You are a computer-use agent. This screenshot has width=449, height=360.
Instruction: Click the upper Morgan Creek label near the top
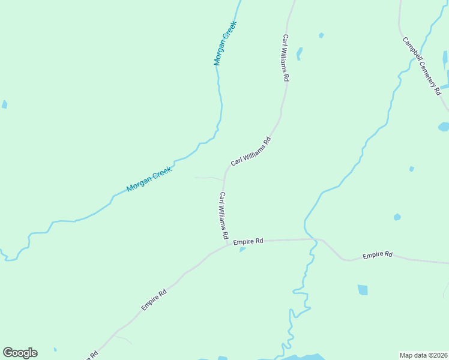coord(225,43)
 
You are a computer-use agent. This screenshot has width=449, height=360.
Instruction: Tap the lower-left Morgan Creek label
coord(149,179)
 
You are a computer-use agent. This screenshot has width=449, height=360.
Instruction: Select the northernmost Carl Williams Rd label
coord(286,58)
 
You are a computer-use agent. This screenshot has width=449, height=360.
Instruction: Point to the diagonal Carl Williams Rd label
coord(251,152)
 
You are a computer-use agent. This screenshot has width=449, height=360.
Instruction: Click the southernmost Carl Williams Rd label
coord(223,216)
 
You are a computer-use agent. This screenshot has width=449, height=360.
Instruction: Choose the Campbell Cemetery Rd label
coord(422,67)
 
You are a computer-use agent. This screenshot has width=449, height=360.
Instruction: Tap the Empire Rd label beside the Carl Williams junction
coord(249,241)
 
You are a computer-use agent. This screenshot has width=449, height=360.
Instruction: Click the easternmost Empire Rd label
coord(377,256)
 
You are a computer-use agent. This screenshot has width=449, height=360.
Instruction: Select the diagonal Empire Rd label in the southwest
coord(154,300)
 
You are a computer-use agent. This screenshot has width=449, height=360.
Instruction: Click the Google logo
coord(20,353)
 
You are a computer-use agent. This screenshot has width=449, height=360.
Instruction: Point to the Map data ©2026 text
coord(423,355)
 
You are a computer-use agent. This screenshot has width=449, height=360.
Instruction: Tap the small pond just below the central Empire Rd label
coord(243,250)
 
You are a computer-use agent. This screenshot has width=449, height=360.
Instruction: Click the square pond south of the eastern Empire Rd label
coord(363,290)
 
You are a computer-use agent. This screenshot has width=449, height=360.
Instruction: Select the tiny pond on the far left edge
coord(4,104)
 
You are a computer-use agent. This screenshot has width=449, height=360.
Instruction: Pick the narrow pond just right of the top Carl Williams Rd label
coord(299,53)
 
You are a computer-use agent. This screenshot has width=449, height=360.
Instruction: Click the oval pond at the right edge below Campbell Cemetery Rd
coord(444,127)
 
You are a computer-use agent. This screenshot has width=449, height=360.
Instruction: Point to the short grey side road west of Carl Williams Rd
coord(208,178)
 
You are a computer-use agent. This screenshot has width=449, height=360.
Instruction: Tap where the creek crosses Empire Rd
coord(314,239)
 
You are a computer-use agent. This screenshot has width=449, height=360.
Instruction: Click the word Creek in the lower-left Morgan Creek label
coord(160,173)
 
